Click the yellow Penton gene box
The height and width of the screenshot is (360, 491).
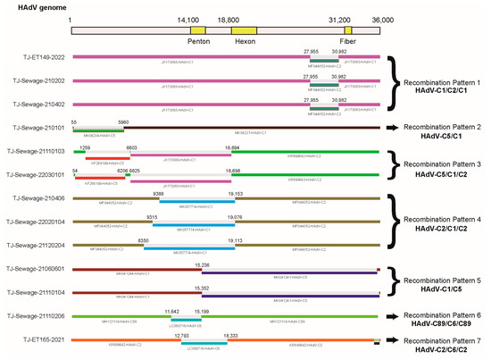(x=197, y=29)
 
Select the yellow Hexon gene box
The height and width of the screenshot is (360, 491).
(x=244, y=29)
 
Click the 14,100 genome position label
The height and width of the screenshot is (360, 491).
(x=188, y=19)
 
